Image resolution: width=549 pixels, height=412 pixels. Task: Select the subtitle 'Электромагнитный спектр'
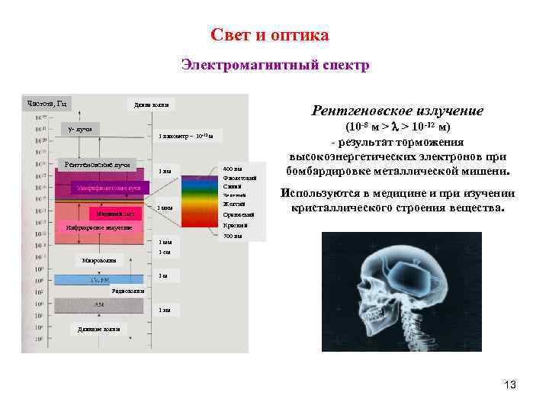coord(275,66)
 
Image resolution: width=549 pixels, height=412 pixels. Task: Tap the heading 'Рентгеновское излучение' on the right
coord(396,111)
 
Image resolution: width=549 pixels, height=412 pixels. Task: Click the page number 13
coord(510,385)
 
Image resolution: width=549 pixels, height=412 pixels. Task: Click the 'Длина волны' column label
coord(151,105)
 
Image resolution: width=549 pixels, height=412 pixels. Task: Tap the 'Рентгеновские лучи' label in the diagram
coord(98,164)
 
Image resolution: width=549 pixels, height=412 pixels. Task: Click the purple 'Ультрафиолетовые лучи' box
coord(106,187)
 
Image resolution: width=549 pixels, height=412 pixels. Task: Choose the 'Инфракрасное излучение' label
coord(99,227)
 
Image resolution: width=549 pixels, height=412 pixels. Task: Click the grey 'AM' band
coord(99,304)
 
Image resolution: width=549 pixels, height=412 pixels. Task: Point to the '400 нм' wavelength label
coord(233,169)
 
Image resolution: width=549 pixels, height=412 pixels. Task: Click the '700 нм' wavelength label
coord(233,236)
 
